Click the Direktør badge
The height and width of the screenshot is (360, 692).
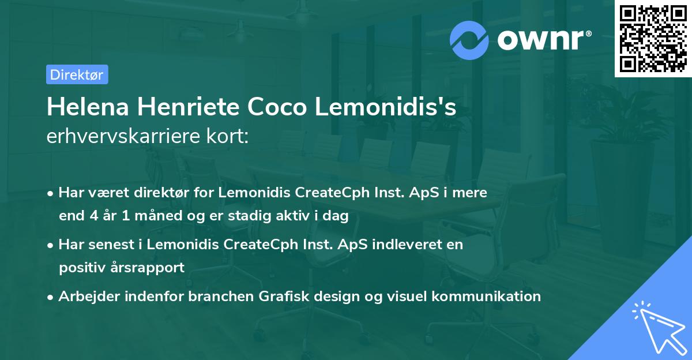pos(77,74)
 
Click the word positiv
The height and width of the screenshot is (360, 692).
pos(79,268)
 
